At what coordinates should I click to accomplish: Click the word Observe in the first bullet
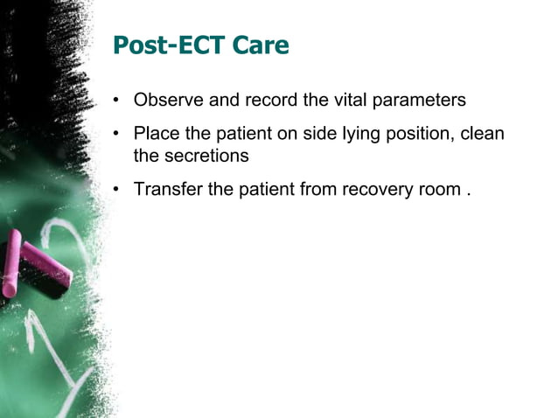click(165, 101)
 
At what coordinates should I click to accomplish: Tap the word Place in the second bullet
click(155, 136)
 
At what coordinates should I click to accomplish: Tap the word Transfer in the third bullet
click(168, 190)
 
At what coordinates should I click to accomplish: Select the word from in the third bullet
click(322, 190)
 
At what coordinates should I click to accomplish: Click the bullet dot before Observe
click(116, 101)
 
